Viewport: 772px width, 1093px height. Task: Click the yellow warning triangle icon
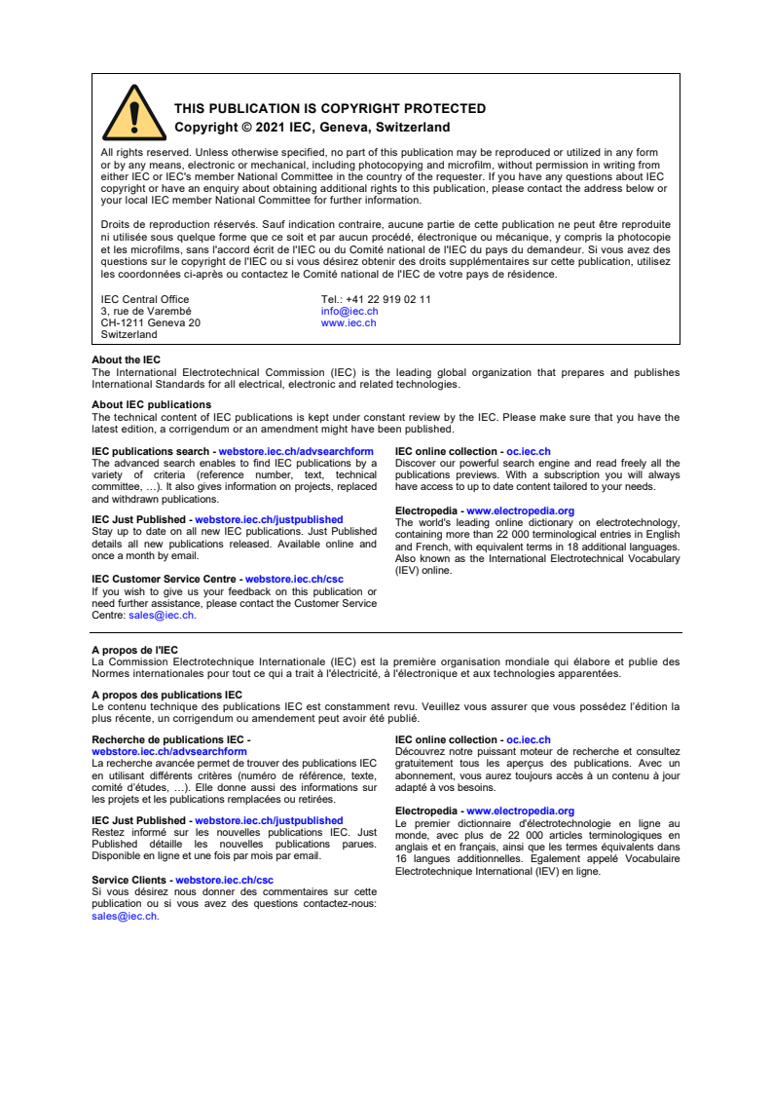point(134,114)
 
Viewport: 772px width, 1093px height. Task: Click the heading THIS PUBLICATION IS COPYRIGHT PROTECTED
point(330,109)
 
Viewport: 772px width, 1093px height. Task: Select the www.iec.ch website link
point(348,322)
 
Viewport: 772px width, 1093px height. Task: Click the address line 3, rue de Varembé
point(146,312)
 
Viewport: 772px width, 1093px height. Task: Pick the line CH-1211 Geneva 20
point(151,322)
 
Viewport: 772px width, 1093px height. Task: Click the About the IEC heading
point(126,360)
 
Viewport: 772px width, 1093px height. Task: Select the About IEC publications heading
point(151,405)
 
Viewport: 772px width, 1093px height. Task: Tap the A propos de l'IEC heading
point(134,650)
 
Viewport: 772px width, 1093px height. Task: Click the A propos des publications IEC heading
point(166,695)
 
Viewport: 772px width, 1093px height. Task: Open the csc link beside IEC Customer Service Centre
point(294,580)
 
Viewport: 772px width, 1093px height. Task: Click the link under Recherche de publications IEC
point(168,752)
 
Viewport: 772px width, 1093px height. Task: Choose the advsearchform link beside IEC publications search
point(296,452)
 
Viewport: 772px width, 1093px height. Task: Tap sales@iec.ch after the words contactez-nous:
point(124,917)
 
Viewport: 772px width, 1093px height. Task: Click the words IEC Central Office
point(145,300)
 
